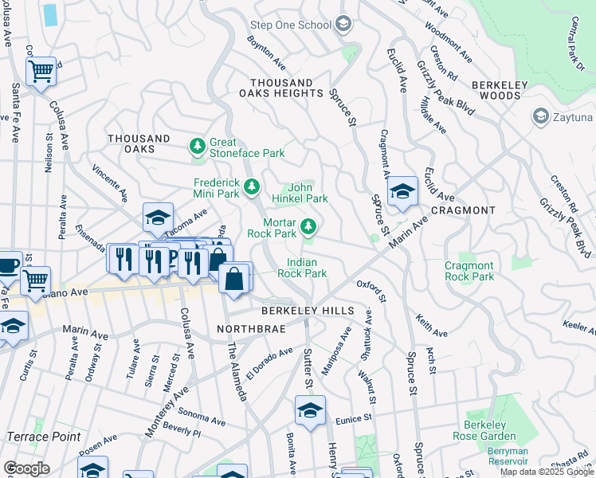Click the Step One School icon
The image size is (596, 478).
pos(343,25)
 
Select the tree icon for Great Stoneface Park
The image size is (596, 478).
pos(197,147)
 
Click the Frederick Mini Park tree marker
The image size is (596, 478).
pos(252,187)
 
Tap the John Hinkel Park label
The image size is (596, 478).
pos(300,192)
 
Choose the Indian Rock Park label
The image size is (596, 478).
pos(302,268)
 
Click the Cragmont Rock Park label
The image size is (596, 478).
pos(469,271)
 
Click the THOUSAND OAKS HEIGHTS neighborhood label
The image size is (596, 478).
pos(281,88)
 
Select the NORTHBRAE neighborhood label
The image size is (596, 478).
pos(246,328)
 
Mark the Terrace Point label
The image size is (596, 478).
pos(43,437)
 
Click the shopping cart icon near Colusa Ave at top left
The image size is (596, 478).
pos(41,72)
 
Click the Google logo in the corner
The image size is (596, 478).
pos(26,468)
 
